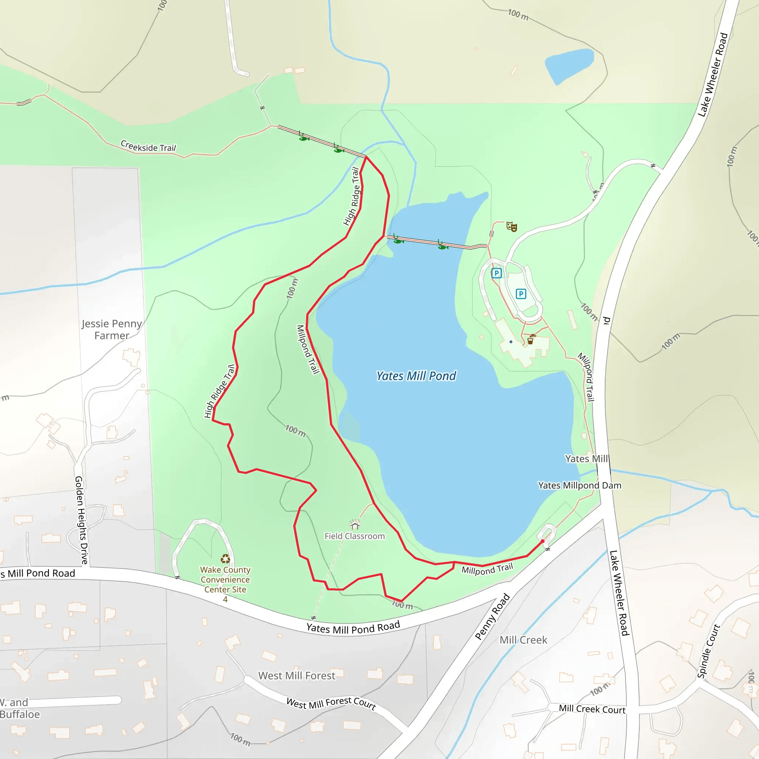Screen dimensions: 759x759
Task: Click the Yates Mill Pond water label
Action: tap(416, 376)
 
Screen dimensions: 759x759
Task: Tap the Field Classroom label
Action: tap(354, 536)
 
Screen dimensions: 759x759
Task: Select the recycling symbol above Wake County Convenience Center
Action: tap(225, 559)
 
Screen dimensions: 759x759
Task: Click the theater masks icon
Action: tap(511, 226)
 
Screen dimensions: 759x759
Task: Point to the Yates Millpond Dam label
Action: tap(580, 485)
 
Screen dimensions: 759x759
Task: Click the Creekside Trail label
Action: tap(148, 146)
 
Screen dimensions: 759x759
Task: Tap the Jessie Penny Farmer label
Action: tap(112, 329)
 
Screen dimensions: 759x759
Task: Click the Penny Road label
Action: tap(492, 616)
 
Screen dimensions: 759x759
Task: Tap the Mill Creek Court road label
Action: tap(592, 709)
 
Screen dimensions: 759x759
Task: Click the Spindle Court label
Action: tap(708, 652)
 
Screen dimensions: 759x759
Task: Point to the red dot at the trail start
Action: tap(543, 541)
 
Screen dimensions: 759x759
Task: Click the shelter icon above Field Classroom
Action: tap(355, 524)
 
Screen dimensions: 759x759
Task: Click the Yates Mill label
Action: tap(586, 459)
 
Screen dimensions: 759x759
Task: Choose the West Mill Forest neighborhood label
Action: tap(296, 676)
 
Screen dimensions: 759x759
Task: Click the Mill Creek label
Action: tap(523, 640)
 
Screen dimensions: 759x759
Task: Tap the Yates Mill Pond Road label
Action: tap(353, 628)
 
